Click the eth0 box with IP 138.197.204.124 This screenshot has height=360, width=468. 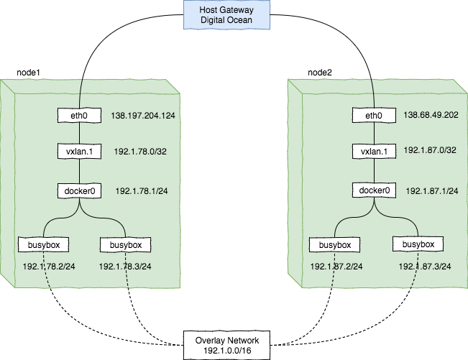click(81, 116)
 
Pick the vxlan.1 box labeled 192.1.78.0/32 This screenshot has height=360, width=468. click(81, 151)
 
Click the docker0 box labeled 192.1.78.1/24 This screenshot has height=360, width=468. click(81, 192)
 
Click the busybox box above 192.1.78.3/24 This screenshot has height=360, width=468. click(126, 245)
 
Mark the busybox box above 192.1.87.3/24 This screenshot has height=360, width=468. click(414, 244)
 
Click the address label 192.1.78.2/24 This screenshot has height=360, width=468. click(49, 267)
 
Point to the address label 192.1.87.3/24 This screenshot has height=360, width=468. click(425, 266)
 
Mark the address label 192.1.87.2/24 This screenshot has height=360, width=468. click(336, 267)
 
